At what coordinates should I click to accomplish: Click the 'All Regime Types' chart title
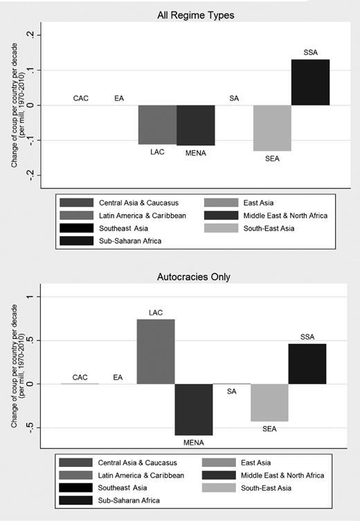pos(196,15)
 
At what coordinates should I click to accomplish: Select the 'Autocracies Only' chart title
pos(194,277)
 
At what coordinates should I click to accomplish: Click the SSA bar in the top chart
pos(311,82)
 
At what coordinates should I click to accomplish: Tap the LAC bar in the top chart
pos(157,125)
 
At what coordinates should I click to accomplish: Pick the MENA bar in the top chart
pos(196,125)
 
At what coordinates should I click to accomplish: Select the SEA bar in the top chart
pos(272,128)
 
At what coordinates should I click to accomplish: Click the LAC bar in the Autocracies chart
pos(156,351)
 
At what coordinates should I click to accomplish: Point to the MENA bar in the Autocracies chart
pos(194,409)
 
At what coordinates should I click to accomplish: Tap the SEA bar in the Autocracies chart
pos(269,403)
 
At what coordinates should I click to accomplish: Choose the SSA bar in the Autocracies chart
pos(307,364)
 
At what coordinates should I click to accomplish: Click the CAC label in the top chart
pos(81,98)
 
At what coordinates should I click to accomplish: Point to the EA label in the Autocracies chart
pos(118,378)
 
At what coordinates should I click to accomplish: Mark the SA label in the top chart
pos(234,98)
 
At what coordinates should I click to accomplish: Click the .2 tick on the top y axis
pos(30,35)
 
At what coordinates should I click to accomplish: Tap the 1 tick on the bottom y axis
pos(30,297)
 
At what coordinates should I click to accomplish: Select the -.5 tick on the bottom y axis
pos(30,427)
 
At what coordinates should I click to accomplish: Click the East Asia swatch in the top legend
pos(221,203)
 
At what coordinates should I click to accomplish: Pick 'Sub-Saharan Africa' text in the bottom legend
pos(129,500)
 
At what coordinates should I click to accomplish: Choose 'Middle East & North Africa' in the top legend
pos(285,215)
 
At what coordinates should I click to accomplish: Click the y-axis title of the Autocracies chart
pos(17,367)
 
